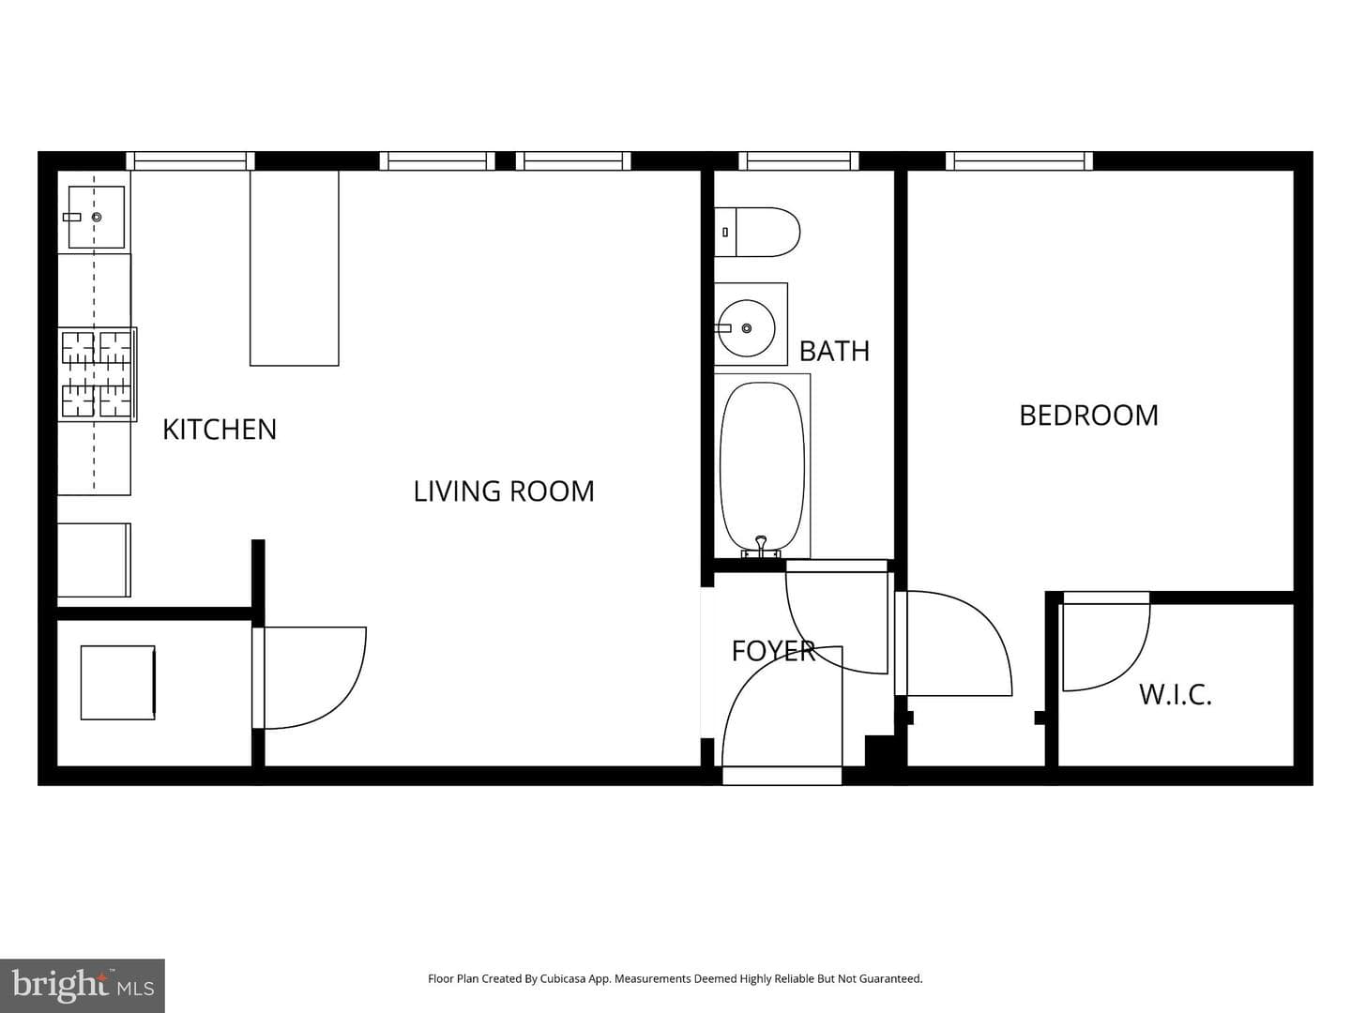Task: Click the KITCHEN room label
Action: (x=220, y=430)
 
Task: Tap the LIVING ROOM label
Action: (x=504, y=491)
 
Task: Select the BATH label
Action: (x=834, y=351)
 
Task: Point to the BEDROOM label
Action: (x=1088, y=416)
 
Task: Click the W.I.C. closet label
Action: (x=1175, y=695)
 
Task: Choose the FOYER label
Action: (x=774, y=651)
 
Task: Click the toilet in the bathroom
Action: (x=757, y=232)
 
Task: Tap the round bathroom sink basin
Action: (x=747, y=328)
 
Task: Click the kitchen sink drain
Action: (x=97, y=217)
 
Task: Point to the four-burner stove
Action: (x=98, y=374)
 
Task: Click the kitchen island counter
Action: (x=295, y=268)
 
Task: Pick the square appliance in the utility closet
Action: (x=118, y=683)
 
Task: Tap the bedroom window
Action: (x=1019, y=161)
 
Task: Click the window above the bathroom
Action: (x=798, y=161)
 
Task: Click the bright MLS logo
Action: (x=83, y=985)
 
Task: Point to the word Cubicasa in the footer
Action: (x=563, y=978)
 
